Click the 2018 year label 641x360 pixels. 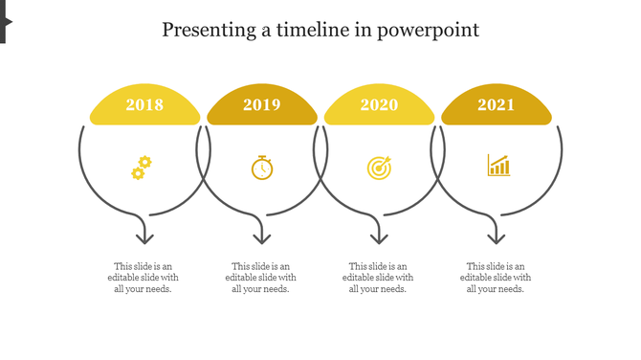point(144,105)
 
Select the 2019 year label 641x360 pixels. point(262,105)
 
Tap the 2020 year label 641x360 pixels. point(379,105)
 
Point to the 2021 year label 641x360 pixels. point(497,105)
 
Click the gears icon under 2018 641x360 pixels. point(142,169)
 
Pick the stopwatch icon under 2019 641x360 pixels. point(262,168)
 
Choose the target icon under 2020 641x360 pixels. point(379,168)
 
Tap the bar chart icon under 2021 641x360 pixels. point(498,166)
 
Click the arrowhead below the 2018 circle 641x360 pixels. point(144,236)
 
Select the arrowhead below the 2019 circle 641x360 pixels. point(261,236)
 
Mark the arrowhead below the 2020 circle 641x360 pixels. point(379,236)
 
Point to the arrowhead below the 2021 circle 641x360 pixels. point(496,236)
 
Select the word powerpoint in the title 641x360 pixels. point(428,30)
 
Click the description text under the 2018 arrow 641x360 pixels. point(144,278)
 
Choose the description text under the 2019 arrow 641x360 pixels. point(261,278)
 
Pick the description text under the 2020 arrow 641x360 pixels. point(378,278)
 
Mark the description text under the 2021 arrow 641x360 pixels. point(496,278)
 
